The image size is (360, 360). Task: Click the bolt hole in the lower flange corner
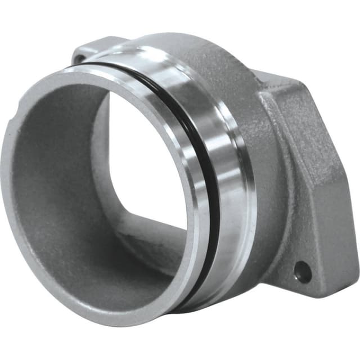302,272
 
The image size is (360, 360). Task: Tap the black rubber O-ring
211,186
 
